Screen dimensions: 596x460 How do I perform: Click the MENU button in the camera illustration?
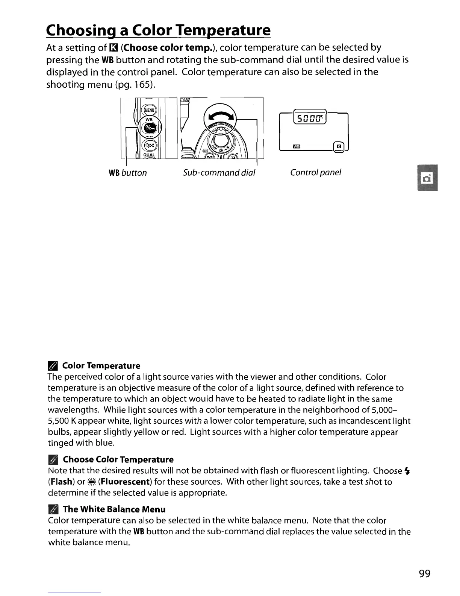point(149,109)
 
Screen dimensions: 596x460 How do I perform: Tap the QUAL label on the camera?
point(149,154)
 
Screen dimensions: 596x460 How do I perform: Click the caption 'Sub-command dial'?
point(219,173)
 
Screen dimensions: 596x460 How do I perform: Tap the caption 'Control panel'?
point(315,173)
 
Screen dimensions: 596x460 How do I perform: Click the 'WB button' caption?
point(127,173)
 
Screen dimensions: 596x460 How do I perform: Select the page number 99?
point(424,573)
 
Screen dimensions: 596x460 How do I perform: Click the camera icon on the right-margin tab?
point(428,178)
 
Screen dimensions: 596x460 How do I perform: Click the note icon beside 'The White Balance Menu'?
point(53,509)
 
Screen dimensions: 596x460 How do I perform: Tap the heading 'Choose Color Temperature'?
point(118,459)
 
